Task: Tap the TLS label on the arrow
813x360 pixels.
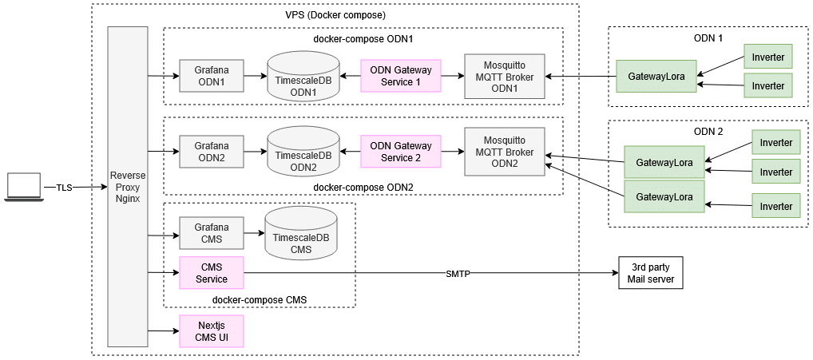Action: [x=64, y=188]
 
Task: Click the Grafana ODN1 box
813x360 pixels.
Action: [x=212, y=76]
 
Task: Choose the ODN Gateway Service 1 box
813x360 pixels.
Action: [x=400, y=76]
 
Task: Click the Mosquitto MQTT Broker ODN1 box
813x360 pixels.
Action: [x=505, y=76]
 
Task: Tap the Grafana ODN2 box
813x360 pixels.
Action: [x=212, y=152]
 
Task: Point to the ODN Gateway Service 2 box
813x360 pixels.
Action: [x=400, y=152]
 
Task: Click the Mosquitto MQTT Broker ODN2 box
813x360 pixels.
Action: [x=505, y=151]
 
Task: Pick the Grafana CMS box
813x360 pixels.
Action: [x=212, y=233]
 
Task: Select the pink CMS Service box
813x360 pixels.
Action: [x=212, y=273]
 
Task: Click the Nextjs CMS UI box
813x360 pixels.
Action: [x=212, y=330]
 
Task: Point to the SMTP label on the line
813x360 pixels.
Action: [x=458, y=275]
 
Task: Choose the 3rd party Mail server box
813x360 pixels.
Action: [x=651, y=274]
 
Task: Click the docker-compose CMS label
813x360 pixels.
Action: [x=260, y=300]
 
